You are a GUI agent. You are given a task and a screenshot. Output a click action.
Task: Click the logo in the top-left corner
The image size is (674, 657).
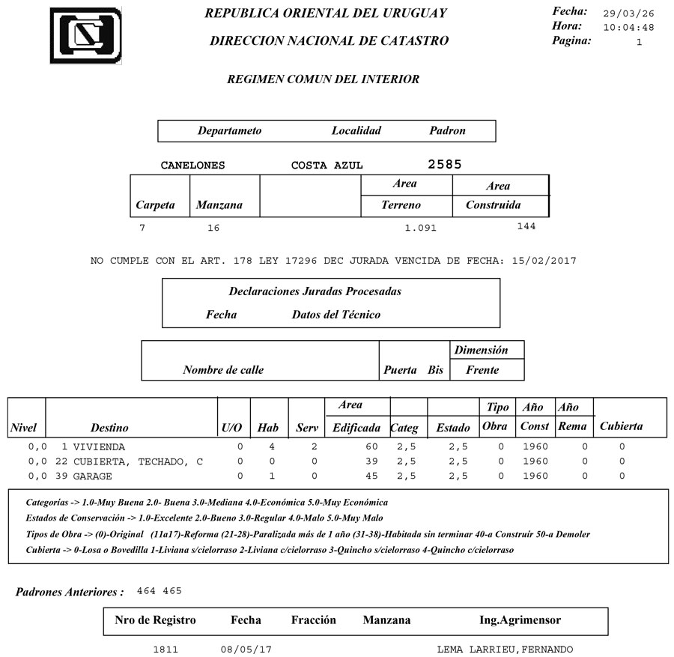pyautogui.click(x=85, y=35)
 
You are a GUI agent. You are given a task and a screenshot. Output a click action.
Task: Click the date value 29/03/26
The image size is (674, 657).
pyautogui.click(x=629, y=14)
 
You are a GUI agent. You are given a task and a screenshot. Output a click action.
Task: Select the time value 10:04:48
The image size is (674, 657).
pyautogui.click(x=629, y=28)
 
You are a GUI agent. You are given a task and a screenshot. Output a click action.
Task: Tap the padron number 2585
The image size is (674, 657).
pyautogui.click(x=445, y=164)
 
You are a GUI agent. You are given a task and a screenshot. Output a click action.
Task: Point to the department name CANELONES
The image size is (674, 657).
pyautogui.click(x=192, y=166)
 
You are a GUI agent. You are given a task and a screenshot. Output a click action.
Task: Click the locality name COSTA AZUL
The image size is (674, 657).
pyautogui.click(x=327, y=166)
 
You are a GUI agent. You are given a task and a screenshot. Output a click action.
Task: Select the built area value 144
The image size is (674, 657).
pyautogui.click(x=526, y=226)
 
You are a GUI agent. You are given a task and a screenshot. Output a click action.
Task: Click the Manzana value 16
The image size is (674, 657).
pyautogui.click(x=213, y=228)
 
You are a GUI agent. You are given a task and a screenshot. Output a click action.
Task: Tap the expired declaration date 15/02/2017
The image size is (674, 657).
pyautogui.click(x=544, y=261)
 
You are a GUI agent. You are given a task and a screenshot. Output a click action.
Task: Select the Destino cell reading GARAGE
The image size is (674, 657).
pyautogui.click(x=92, y=476)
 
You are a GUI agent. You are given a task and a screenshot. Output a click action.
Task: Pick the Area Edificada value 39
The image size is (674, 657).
pyautogui.click(x=371, y=461)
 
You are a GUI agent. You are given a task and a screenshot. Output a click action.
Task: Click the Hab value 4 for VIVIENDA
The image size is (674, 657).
pyautogui.click(x=272, y=446)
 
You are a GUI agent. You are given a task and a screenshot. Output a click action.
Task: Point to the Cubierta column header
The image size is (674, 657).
pyautogui.click(x=621, y=426)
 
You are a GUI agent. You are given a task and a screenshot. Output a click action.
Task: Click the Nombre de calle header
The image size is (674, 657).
pyautogui.click(x=223, y=369)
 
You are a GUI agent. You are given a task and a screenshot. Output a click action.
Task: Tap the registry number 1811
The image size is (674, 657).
pyautogui.click(x=165, y=649)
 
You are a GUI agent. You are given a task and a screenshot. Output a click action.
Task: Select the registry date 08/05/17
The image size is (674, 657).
pyautogui.click(x=246, y=649)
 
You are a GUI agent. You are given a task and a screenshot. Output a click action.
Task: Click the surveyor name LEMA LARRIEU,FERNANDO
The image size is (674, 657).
pyautogui.click(x=506, y=649)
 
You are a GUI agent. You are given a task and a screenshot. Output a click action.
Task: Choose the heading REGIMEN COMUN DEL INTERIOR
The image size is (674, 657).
pyautogui.click(x=323, y=79)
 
